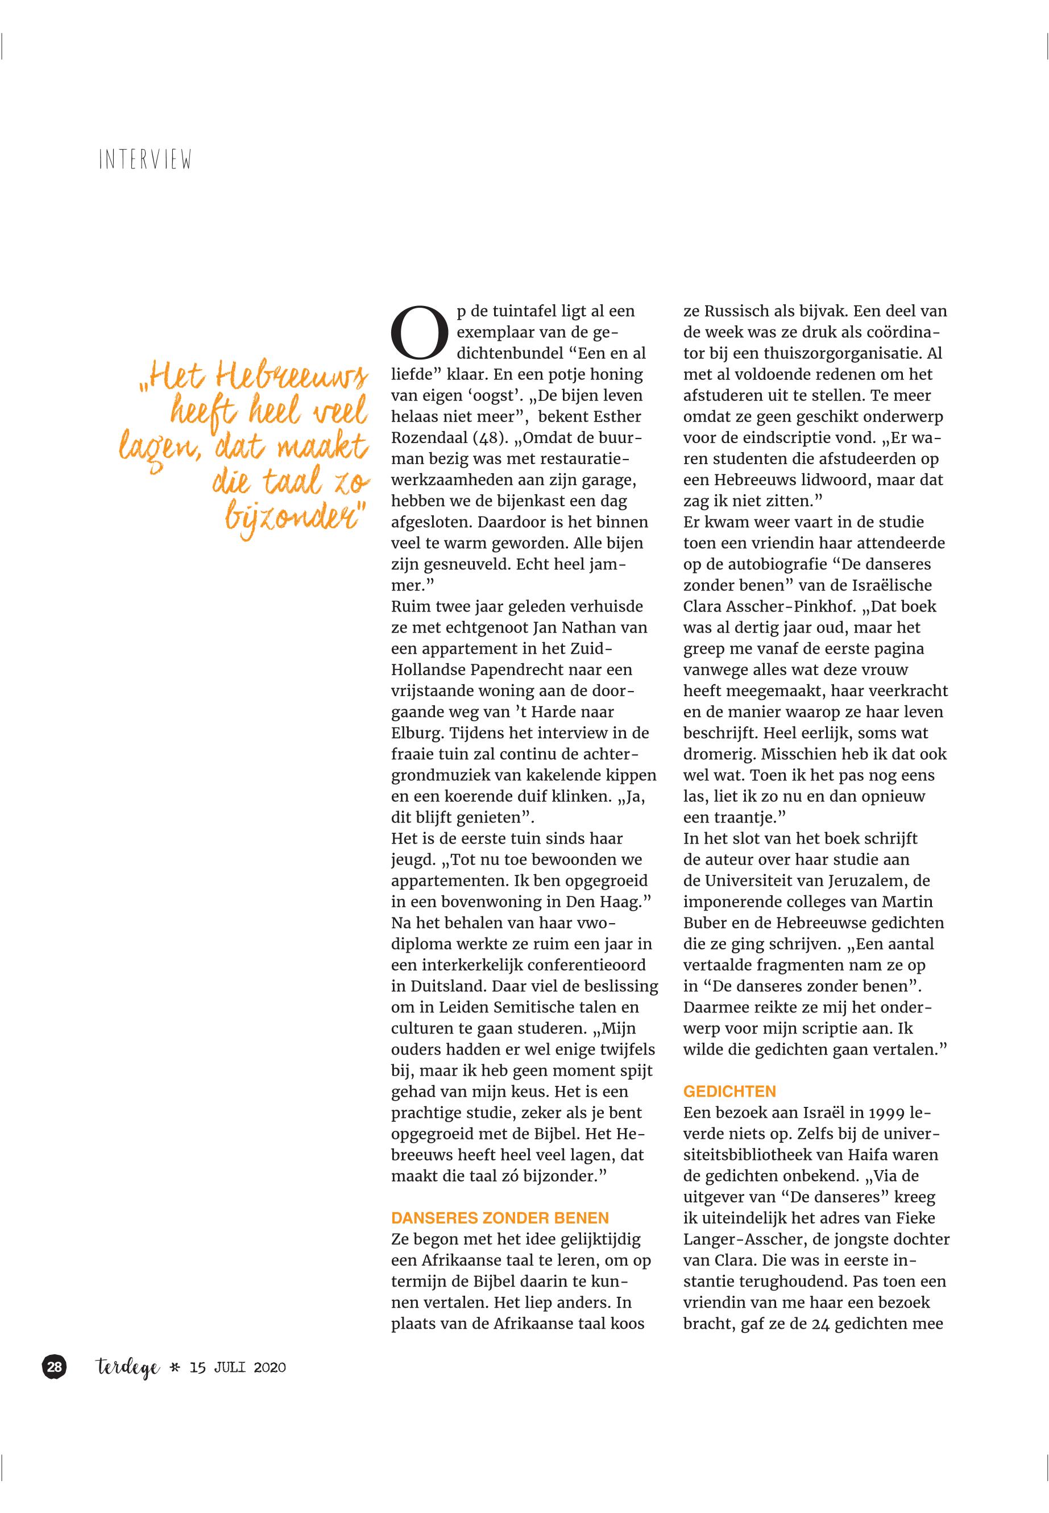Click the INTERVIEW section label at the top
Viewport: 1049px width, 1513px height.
145,160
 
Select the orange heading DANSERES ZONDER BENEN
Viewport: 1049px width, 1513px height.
500,1218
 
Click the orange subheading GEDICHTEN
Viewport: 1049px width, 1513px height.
729,1092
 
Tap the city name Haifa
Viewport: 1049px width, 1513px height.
872,1155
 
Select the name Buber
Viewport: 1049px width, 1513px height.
707,923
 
